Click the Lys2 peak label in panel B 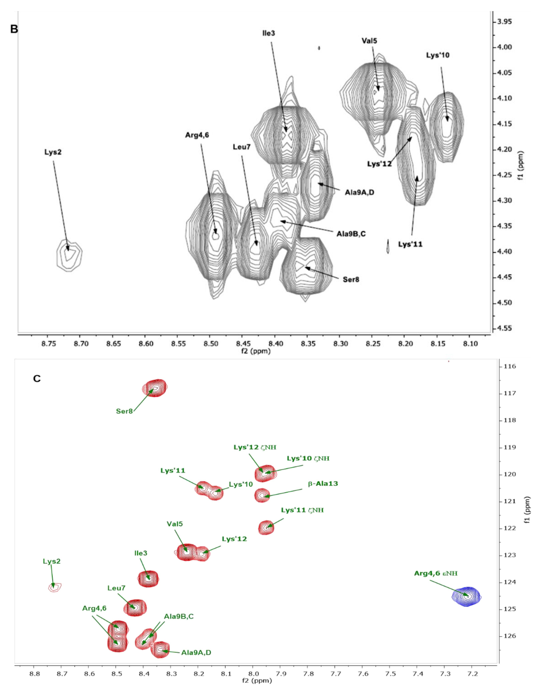[53, 152]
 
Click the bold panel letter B [14, 29]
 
